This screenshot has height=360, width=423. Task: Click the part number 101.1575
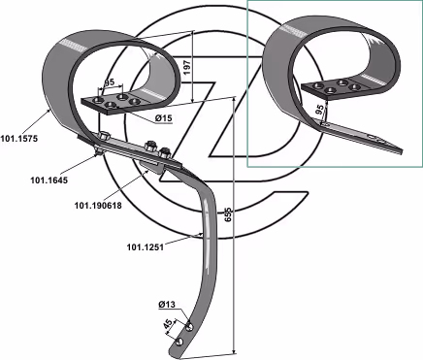pos(19,139)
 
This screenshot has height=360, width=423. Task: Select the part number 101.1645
pos(49,180)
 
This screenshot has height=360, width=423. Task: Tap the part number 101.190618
pos(98,206)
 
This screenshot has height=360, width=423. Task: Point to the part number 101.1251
pos(146,247)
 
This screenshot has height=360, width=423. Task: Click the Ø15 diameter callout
pos(163,118)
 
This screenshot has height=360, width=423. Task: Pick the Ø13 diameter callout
pos(167,305)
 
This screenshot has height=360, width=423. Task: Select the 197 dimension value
pos(188,67)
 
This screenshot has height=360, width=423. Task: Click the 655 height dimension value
pos(228,214)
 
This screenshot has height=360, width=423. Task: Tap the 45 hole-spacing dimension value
pos(167,324)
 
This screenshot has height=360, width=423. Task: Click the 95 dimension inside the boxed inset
pos(319,110)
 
